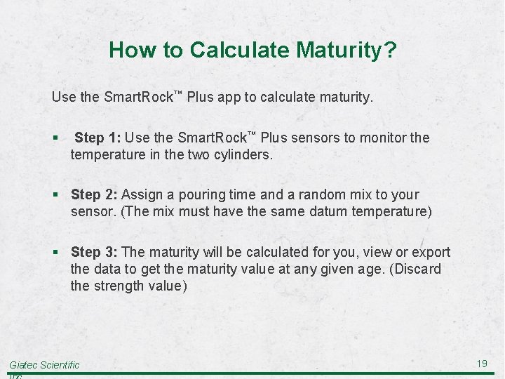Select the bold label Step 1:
[99, 138]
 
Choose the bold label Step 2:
[95, 194]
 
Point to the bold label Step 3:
[95, 252]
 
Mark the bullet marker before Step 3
[55, 253]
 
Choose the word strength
[118, 286]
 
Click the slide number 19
[482, 364]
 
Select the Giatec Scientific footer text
[44, 365]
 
